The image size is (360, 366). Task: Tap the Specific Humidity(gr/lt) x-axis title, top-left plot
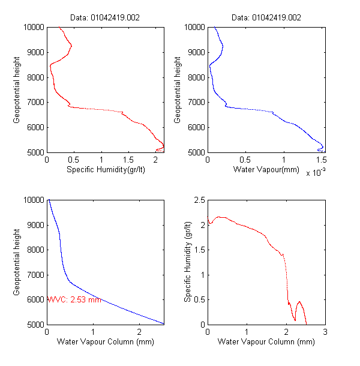pyautogui.click(x=105, y=170)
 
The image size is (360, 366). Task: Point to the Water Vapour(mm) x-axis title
pyautogui.click(x=266, y=170)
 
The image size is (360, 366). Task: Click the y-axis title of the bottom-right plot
pyautogui.click(x=187, y=262)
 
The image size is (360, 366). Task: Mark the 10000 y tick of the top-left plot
pyautogui.click(x=34, y=27)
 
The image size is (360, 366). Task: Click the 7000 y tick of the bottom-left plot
pyautogui.click(x=35, y=275)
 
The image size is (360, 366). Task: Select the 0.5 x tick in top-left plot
pyautogui.click(x=74, y=161)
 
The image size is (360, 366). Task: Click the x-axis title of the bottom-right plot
pyautogui.click(x=266, y=342)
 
